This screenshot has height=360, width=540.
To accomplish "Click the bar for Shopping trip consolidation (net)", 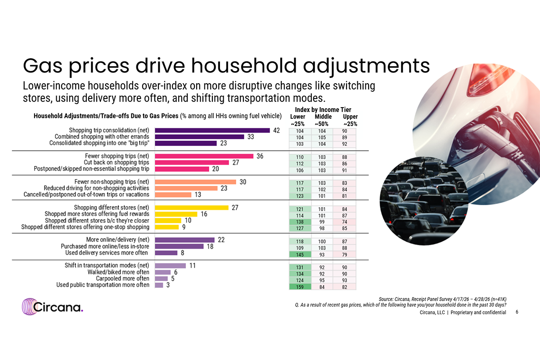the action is (212, 130).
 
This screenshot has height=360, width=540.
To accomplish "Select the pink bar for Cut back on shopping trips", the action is (192, 162).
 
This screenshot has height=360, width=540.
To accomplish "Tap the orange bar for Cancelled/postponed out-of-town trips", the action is (173, 194).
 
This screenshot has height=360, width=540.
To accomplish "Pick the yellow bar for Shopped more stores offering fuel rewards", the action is (176, 214).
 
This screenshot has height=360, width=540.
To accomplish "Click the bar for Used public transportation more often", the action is (159, 285).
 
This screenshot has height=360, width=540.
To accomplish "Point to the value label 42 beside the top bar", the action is (276, 130).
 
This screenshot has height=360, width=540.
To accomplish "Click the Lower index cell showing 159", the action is (300, 287).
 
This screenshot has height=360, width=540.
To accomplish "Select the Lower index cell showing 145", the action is (300, 255).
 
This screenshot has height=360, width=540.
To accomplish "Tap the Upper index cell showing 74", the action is (345, 222).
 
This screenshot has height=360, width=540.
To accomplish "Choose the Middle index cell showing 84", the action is (322, 287).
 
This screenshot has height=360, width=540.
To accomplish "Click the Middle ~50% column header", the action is (323, 120).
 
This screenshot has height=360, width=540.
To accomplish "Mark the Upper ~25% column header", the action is (350, 120).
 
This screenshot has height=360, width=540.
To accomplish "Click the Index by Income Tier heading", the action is (323, 110).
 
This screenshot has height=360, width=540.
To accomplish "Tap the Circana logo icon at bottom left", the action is (29, 307).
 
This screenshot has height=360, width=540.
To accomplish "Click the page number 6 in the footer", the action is (517, 312).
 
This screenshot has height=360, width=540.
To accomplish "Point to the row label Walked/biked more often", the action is (118, 272).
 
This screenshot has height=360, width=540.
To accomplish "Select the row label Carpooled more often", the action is (123, 279).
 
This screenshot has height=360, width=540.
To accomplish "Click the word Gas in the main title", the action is (43, 66).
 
